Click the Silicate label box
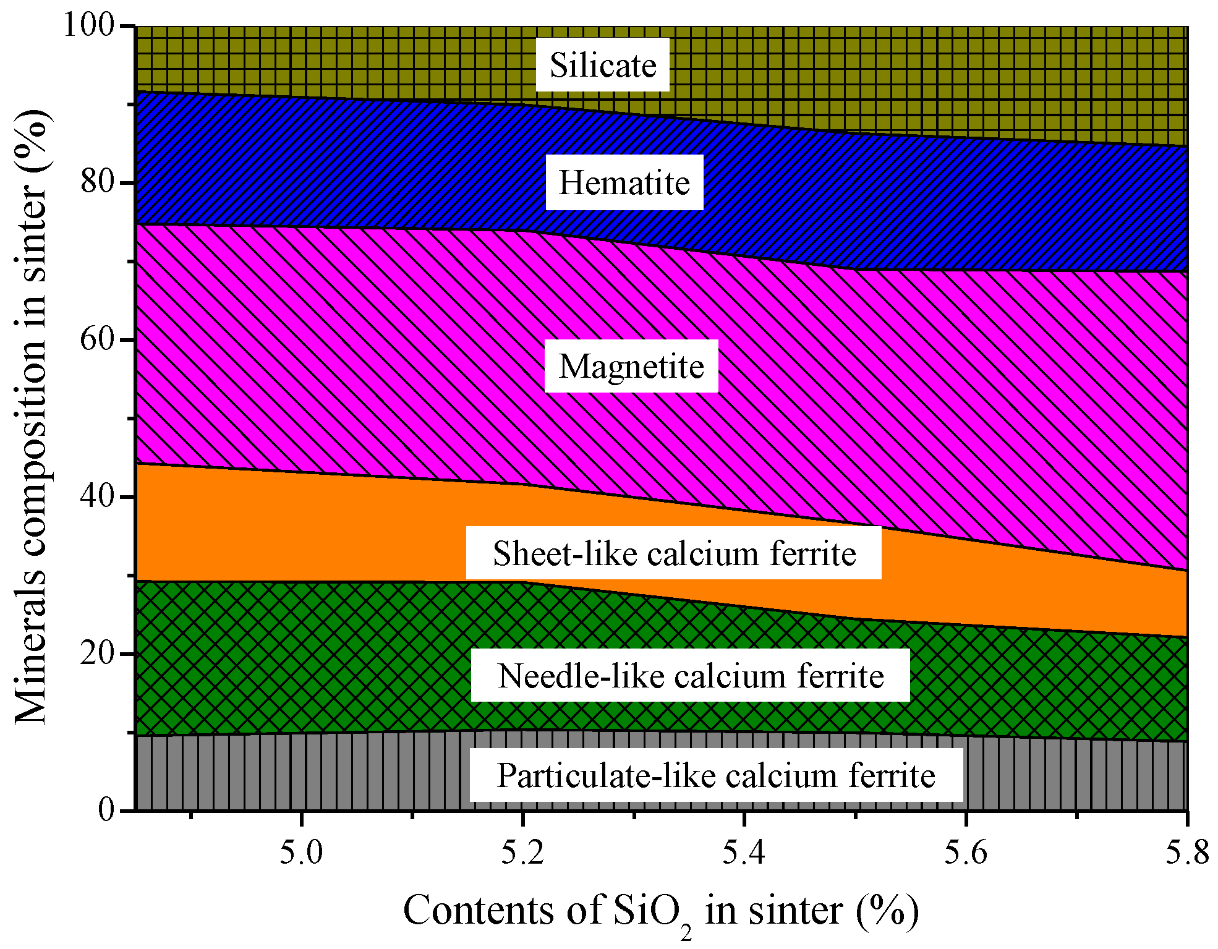click(x=603, y=65)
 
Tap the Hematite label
click(x=624, y=182)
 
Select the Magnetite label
click(x=631, y=366)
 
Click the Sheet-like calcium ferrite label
click(x=674, y=553)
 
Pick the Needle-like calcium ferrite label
click(x=691, y=675)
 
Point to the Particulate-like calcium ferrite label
click(x=716, y=775)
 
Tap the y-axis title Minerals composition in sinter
click(x=31, y=417)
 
